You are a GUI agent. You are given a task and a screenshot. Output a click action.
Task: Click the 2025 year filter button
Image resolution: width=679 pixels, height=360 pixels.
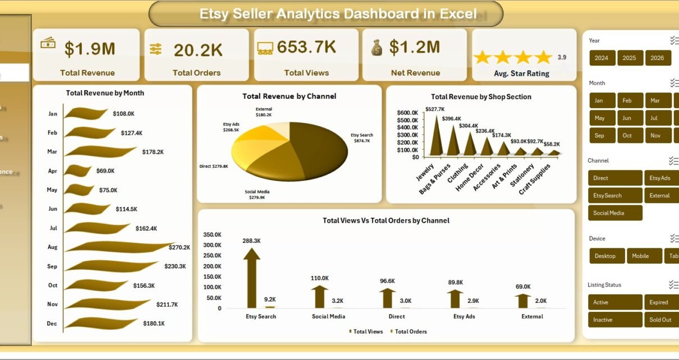[x=630, y=58]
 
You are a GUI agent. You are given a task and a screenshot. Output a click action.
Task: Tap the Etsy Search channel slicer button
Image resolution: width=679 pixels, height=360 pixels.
[x=614, y=196]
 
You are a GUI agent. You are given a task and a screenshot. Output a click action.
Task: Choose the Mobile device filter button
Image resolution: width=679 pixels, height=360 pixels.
[x=640, y=256]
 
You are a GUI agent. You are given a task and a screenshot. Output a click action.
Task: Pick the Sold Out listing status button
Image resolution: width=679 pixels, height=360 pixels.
[x=660, y=320]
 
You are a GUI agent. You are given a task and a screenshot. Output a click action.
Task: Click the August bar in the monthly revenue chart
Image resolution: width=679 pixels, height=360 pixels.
[x=118, y=247]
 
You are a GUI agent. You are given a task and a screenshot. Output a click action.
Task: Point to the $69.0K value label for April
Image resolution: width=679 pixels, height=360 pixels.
[x=105, y=170]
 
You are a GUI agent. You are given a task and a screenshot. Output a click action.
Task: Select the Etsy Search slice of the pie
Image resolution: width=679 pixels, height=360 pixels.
[x=320, y=151]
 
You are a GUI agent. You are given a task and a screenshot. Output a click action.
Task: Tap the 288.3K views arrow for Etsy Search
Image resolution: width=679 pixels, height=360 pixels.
[x=251, y=278]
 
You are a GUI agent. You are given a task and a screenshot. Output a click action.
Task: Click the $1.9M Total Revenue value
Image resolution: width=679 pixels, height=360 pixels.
[x=90, y=49]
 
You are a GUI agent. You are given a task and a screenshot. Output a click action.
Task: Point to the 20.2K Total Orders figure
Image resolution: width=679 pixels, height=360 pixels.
[x=198, y=50]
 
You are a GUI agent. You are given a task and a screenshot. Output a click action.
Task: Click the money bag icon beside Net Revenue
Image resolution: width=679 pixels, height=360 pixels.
[x=377, y=48]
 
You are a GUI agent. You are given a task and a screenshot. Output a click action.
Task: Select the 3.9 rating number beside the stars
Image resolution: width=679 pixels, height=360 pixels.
[x=562, y=57]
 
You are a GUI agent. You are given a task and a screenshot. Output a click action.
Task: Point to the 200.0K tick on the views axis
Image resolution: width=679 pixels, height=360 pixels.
[x=212, y=266]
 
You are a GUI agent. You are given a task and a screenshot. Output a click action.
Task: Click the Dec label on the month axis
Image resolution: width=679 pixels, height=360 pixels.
[x=52, y=324]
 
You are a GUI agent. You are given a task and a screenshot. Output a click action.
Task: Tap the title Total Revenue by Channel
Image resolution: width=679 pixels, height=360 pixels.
[x=289, y=96]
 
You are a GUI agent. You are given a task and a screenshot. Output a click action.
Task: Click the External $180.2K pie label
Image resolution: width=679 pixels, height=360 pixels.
[x=264, y=112]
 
